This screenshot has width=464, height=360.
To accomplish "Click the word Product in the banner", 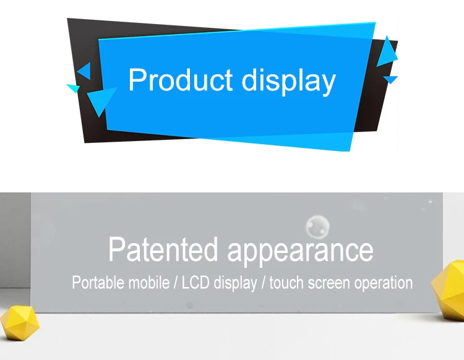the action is (180, 80).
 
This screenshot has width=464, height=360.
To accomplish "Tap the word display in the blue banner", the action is (288, 81).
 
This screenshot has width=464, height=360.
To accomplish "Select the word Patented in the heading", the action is (163, 249).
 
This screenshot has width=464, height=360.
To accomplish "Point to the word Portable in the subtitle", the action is (98, 282).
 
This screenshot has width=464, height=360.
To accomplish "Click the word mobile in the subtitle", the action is (149, 282).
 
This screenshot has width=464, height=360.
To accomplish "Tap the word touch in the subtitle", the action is (286, 283).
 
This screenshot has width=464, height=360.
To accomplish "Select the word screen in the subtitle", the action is (329, 283).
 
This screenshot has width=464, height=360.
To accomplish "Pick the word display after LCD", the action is (235, 283).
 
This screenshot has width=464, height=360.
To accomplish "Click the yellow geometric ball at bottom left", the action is (20, 323).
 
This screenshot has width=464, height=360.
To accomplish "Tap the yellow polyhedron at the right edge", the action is (449, 289).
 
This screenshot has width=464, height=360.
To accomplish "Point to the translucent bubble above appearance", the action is (317, 226).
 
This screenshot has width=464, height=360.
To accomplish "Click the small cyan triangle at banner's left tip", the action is (74, 88).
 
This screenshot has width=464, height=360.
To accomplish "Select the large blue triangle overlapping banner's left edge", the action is (101, 100).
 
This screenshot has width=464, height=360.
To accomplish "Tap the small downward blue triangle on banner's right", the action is (390, 79).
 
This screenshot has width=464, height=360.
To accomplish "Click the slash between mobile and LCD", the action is (176, 283).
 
